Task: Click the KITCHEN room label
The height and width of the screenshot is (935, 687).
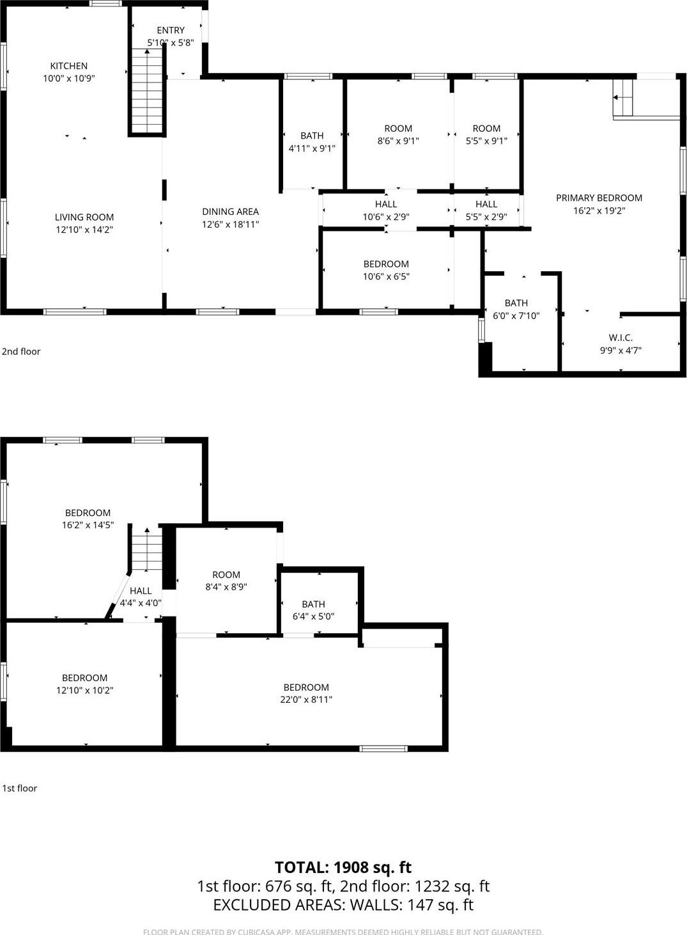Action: coord(69,66)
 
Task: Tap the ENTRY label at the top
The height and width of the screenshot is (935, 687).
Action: coord(171,30)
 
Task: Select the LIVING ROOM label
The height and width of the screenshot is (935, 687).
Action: coord(84,217)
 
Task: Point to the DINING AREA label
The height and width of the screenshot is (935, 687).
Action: coord(230,212)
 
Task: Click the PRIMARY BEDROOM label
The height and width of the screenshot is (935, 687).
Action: coord(599,198)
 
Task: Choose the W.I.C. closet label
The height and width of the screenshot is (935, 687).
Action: coord(621,338)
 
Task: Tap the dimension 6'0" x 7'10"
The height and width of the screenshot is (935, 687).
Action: coord(516,316)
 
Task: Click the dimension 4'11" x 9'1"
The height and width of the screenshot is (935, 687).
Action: coord(312,148)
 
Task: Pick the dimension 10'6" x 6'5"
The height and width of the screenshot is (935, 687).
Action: coord(386,277)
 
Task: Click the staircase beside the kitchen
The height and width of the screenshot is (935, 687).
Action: coord(147,90)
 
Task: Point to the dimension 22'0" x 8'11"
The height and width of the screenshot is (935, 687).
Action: coord(306,700)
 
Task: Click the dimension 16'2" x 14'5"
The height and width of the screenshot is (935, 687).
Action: coord(88,525)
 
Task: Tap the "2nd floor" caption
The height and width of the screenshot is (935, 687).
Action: coord(21,351)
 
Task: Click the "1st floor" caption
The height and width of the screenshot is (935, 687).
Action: coord(20,788)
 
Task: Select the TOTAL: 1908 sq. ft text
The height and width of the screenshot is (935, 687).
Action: coord(343,867)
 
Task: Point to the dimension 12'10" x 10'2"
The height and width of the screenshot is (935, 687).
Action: coord(84,691)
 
